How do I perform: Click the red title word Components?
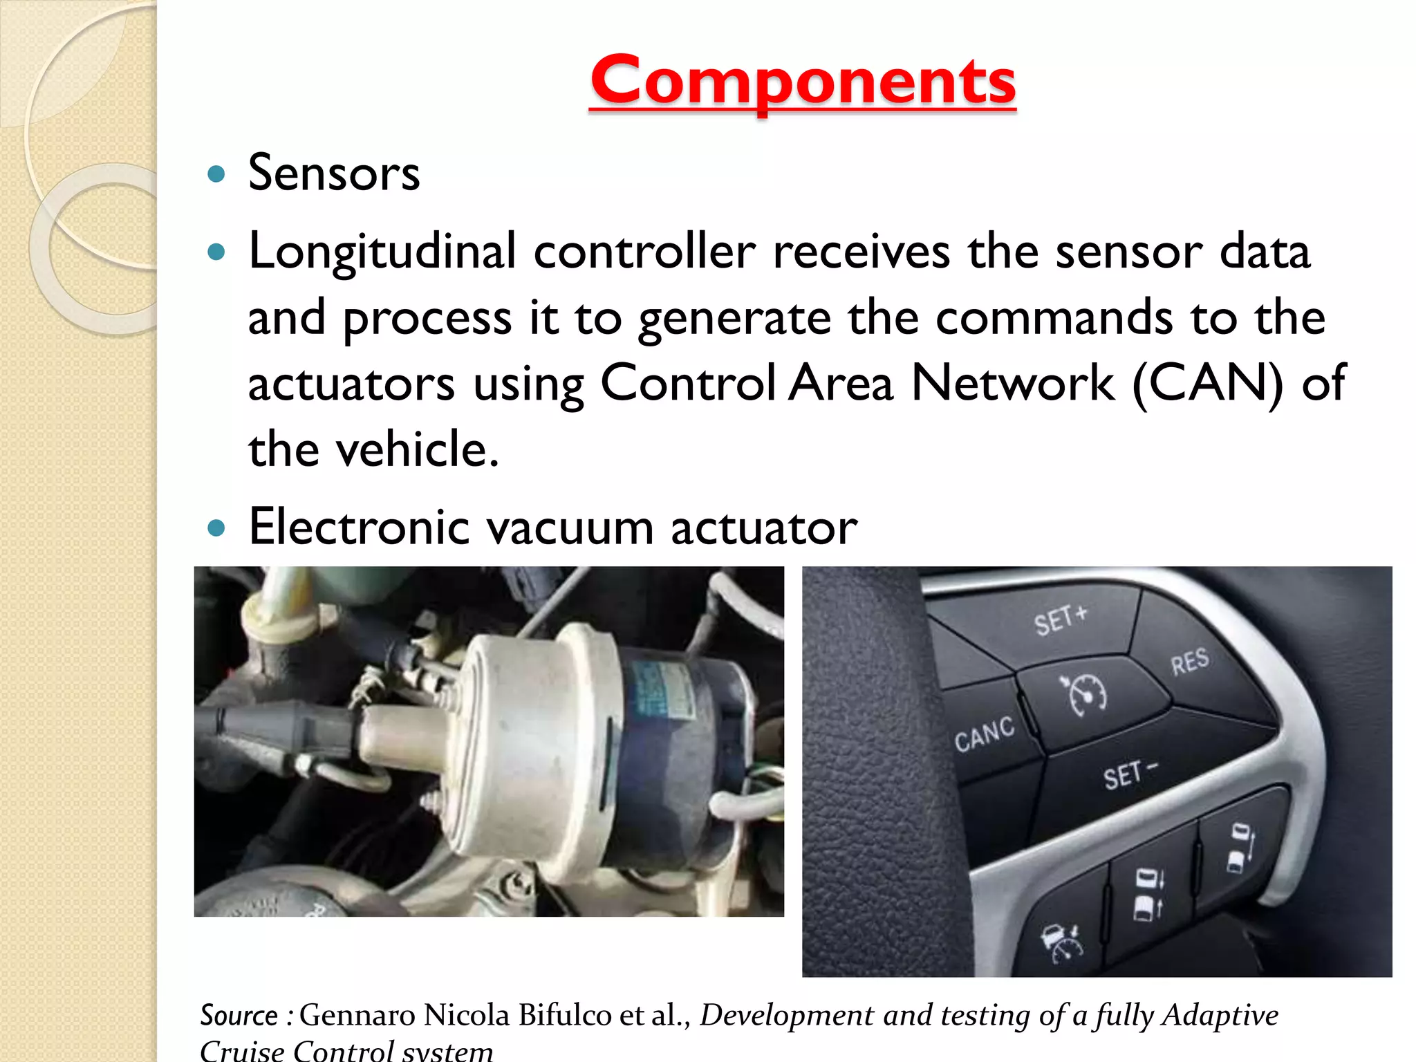803,82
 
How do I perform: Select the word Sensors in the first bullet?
334,173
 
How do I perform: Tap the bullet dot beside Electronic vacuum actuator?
216,529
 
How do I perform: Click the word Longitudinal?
382,251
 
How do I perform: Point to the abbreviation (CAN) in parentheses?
1207,384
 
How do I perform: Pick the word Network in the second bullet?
1013,384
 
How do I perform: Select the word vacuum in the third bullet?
570,528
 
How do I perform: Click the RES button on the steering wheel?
1189,662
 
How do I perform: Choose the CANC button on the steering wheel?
985,734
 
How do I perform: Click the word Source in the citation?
239,1015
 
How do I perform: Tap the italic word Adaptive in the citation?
1220,1015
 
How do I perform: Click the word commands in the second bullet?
1054,318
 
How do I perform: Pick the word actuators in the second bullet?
351,384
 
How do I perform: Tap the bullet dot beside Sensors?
216,174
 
